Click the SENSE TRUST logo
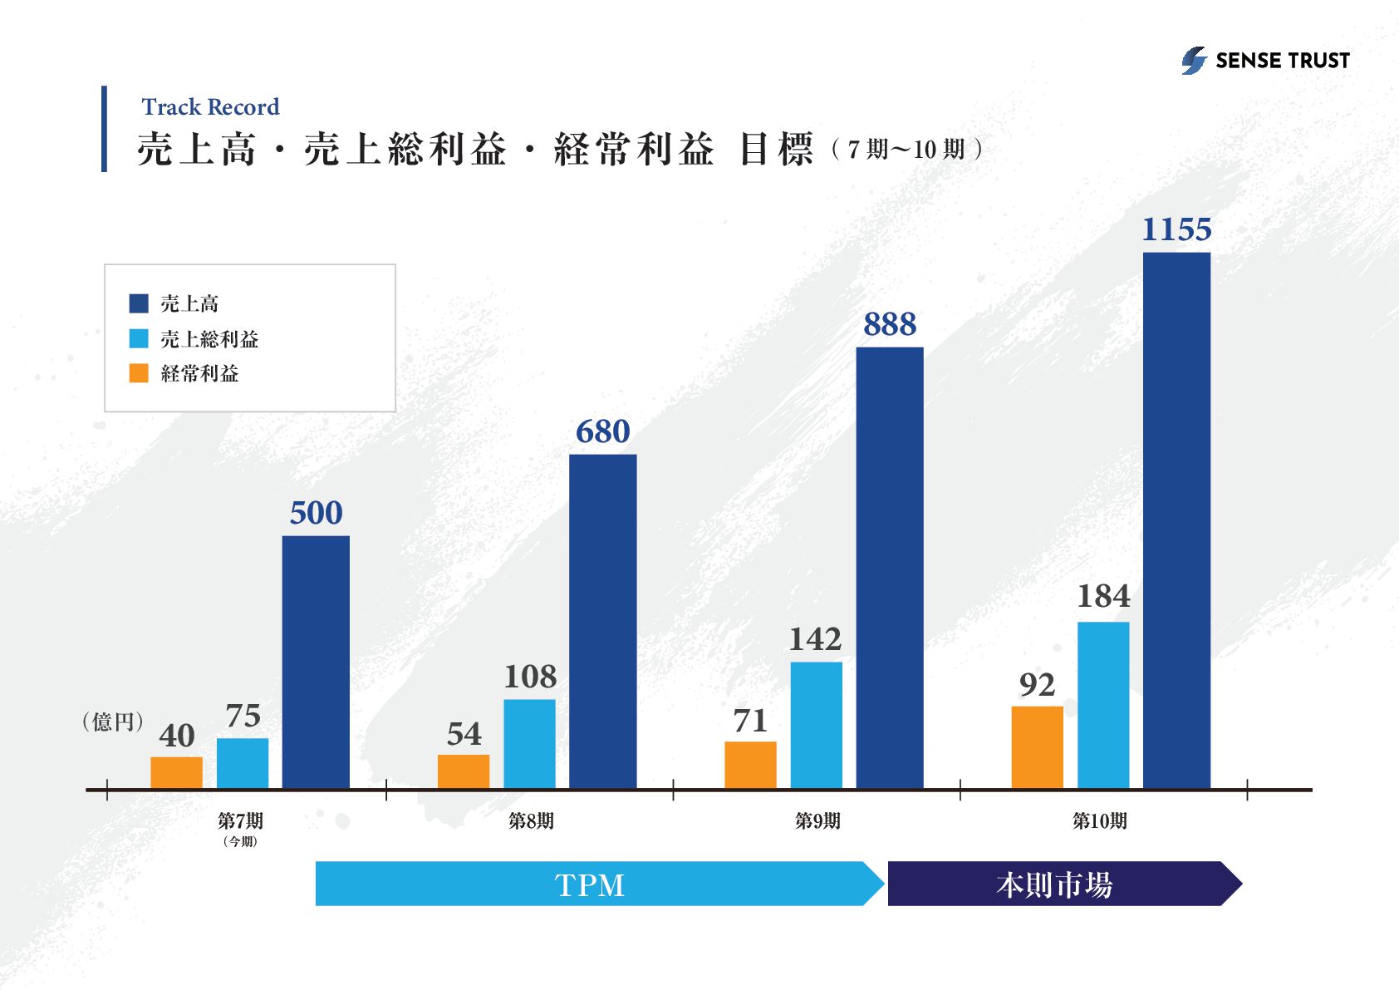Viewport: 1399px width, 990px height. pyautogui.click(x=1265, y=61)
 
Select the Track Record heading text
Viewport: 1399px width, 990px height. pyautogui.click(x=210, y=107)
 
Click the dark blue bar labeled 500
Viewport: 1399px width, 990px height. pyautogui.click(x=316, y=662)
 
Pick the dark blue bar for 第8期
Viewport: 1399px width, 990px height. pyautogui.click(x=602, y=621)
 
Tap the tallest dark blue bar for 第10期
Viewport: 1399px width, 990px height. pyautogui.click(x=1176, y=520)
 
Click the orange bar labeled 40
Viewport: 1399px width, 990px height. pyautogui.click(x=176, y=772)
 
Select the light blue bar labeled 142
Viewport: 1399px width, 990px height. pyautogui.click(x=816, y=724)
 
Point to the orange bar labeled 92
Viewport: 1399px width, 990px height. pyautogui.click(x=1037, y=746)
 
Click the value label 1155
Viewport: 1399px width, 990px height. pyautogui.click(x=1176, y=229)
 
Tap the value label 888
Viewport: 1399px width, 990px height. pyautogui.click(x=890, y=324)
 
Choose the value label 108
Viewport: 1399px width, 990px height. pyautogui.click(x=530, y=677)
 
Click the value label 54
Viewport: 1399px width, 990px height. pyautogui.click(x=464, y=734)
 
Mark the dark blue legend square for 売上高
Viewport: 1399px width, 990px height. pyautogui.click(x=139, y=303)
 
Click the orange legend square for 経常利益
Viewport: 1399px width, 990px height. pyautogui.click(x=139, y=373)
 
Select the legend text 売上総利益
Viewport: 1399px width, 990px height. pyautogui.click(x=209, y=339)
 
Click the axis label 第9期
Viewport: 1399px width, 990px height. pyautogui.click(x=817, y=821)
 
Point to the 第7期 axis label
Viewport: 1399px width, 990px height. pyautogui.click(x=240, y=821)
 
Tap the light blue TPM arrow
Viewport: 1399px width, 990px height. pyautogui.click(x=590, y=884)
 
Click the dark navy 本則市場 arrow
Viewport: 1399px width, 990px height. pyautogui.click(x=1055, y=884)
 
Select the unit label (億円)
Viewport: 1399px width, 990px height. pyautogui.click(x=113, y=722)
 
